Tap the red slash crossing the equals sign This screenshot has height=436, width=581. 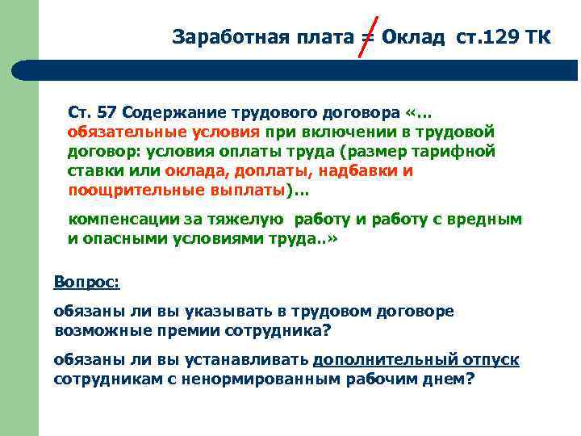point(366,37)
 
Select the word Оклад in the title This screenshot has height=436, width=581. point(412,37)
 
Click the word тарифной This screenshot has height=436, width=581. point(459,151)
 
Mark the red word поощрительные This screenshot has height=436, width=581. point(128,191)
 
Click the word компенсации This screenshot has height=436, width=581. point(122,219)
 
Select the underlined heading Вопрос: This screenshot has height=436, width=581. point(86,283)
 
